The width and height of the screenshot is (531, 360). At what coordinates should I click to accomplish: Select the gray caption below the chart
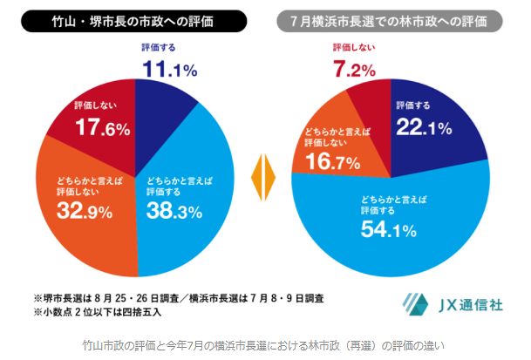click(x=262, y=344)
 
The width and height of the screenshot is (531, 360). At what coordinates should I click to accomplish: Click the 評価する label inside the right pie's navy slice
click(x=412, y=105)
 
